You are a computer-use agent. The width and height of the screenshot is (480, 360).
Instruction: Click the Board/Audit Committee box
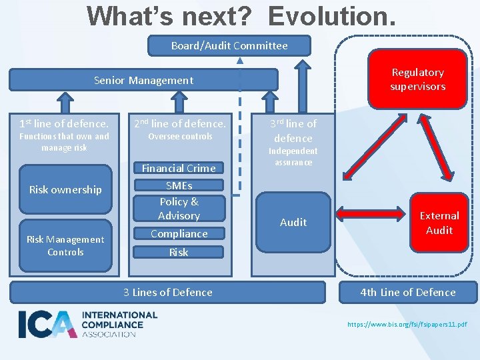click(229, 45)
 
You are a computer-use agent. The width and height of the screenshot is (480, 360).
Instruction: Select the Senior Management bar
click(143, 80)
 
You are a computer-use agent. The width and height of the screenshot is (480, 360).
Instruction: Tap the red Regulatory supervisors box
click(417, 79)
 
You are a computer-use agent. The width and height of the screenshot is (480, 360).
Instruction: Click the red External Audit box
click(439, 223)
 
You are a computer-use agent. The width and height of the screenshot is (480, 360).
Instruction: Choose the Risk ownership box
click(65, 190)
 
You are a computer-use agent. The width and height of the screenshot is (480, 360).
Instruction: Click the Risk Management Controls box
click(65, 245)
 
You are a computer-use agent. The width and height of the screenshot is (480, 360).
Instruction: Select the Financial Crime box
click(179, 168)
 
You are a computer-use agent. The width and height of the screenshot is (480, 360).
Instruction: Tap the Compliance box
click(179, 233)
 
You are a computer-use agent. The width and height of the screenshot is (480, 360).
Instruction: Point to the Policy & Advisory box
click(179, 208)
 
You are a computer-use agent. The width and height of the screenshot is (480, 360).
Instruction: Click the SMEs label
click(179, 185)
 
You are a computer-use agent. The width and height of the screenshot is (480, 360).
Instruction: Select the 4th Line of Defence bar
click(408, 292)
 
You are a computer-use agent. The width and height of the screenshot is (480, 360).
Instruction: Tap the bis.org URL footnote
click(407, 325)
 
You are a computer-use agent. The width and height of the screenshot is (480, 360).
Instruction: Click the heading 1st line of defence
click(64, 123)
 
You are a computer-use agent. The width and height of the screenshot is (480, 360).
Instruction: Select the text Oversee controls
click(180, 137)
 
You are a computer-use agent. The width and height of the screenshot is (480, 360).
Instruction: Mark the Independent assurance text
click(293, 156)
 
